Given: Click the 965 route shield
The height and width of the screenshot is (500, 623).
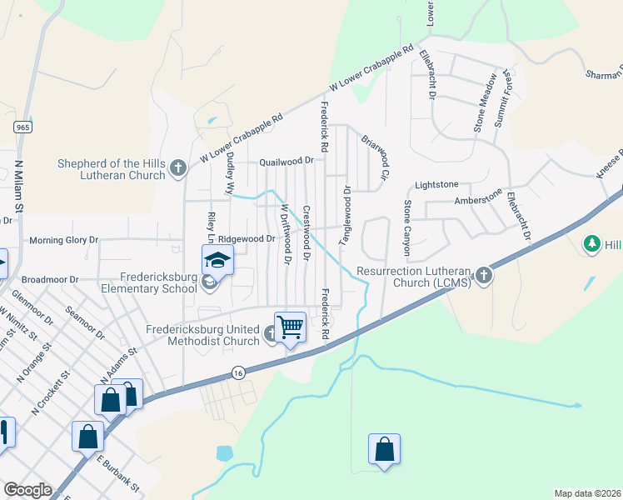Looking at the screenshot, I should (x=22, y=127).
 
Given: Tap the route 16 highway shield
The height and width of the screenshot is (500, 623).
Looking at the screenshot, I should (x=238, y=372).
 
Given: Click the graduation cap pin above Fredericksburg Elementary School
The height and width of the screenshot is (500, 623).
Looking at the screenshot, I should (x=217, y=259).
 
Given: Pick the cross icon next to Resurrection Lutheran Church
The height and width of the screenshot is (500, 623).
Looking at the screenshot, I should (x=483, y=277).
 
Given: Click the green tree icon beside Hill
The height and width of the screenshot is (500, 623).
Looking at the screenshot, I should (x=592, y=244).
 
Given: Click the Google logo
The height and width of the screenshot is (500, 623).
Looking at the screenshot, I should (x=27, y=490).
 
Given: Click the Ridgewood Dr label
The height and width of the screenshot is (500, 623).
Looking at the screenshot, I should (x=247, y=238).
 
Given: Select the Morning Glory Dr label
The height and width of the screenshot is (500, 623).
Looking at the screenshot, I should (x=64, y=240).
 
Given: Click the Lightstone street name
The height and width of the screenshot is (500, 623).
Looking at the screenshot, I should (x=436, y=184).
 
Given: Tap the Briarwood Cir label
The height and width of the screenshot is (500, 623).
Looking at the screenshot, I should (x=376, y=157).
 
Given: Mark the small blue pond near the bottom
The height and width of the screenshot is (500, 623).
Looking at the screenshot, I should (x=224, y=453).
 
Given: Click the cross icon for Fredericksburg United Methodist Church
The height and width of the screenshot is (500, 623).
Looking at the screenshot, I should (x=272, y=335).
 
